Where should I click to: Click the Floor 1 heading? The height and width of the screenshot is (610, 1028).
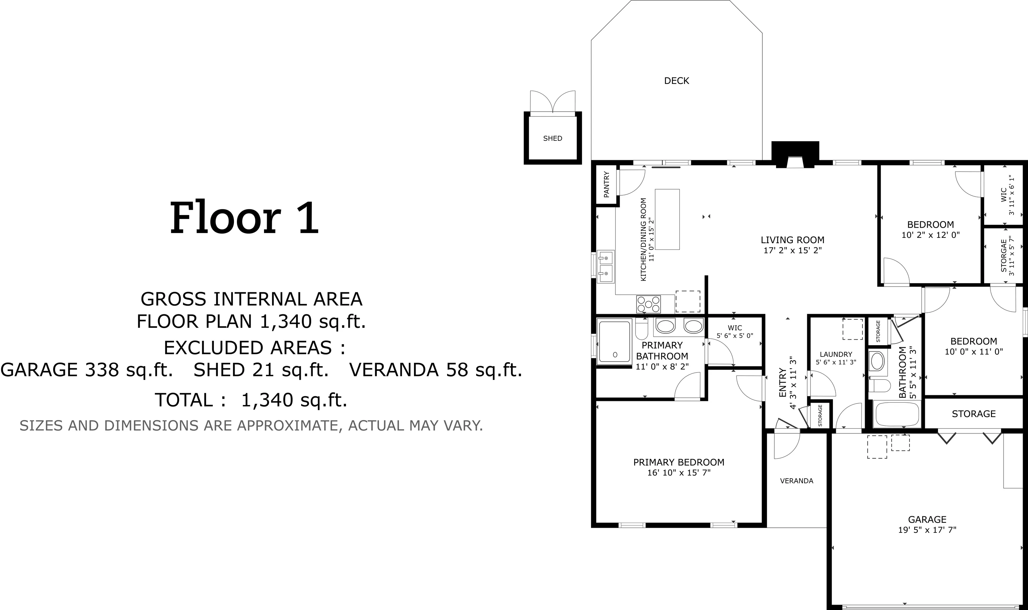245,218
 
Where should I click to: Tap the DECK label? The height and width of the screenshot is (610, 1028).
676,81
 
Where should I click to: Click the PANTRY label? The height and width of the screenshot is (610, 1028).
606,185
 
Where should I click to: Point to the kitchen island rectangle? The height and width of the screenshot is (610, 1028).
667,219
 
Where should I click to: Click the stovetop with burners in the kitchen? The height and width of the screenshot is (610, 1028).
649,304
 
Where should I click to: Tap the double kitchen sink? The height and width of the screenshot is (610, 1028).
606,267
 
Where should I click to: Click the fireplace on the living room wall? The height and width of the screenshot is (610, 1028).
795,155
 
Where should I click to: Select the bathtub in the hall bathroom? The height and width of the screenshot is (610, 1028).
897,414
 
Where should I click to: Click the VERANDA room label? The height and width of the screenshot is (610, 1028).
796,481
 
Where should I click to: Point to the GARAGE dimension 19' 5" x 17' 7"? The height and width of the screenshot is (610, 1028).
927,530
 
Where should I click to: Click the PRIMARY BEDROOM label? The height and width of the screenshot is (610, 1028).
679,463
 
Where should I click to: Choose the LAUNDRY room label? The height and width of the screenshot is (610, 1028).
836,354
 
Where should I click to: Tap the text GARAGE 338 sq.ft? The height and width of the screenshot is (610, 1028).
87,370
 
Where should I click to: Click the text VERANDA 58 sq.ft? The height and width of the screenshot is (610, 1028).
435,370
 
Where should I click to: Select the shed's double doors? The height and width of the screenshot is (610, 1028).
553,102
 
